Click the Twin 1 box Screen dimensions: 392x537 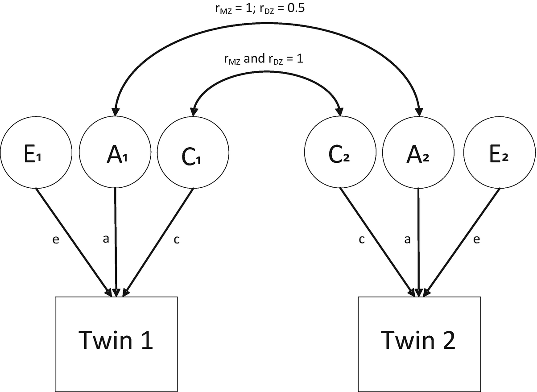point(116,342)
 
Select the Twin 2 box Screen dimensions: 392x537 point(419,342)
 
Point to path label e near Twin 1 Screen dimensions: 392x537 point(56,240)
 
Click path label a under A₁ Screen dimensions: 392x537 point(106,240)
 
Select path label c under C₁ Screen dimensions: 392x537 point(176,240)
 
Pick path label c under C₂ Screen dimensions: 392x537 point(362,240)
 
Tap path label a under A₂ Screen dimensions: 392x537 point(407,240)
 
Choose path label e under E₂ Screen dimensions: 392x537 point(476,240)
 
